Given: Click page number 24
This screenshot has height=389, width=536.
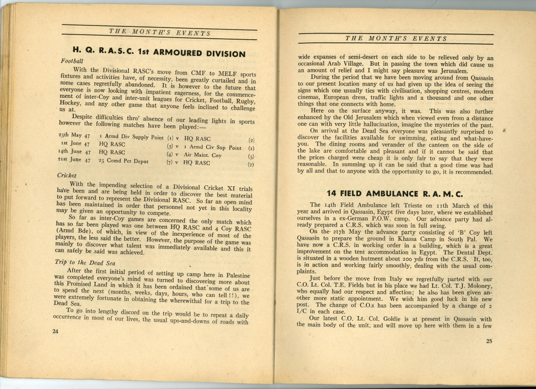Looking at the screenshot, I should point(55,330).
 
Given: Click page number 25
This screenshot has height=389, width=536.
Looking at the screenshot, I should point(489,341).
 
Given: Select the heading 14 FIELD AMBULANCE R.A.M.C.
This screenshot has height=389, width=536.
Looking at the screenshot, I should point(395,193).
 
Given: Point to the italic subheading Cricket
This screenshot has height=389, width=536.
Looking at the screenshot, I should point(67,175).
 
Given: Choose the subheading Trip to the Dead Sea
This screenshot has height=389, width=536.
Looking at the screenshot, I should point(85,262).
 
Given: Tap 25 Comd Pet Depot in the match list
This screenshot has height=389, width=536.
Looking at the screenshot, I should point(124,161).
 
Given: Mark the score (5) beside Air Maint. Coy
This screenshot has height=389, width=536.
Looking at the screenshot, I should point(250,157).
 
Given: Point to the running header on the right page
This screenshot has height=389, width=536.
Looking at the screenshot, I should point(396,39).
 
